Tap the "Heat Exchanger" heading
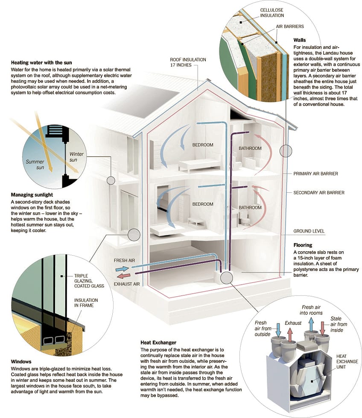coord(159,342)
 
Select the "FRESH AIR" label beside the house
coord(124,260)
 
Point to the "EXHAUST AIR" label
coord(127,283)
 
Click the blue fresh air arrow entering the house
coord(122,269)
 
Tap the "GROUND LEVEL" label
coord(309,231)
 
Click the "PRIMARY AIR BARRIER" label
coord(315,174)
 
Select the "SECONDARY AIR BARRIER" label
coord(319,193)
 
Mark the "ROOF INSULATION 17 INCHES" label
coord(188,62)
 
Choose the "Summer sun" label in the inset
coord(35,165)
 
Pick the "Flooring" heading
coord(303,245)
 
